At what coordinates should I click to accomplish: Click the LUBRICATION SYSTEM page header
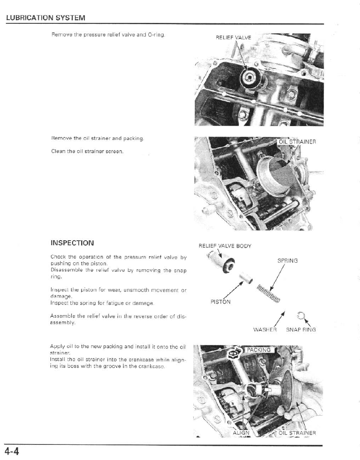click(x=45, y=18)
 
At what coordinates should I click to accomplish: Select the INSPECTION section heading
click(x=72, y=243)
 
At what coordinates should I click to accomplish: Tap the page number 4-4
click(x=12, y=452)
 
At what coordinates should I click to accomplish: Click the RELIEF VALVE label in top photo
click(x=233, y=38)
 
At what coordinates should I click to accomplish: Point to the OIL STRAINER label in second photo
click(x=297, y=142)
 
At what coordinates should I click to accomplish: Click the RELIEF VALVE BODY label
click(x=225, y=246)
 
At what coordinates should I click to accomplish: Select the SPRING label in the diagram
click(x=288, y=261)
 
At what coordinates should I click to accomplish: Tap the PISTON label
click(x=220, y=302)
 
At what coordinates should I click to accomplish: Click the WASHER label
click(x=265, y=329)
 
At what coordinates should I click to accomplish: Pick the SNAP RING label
click(x=301, y=329)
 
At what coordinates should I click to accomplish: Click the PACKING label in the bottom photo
click(x=258, y=350)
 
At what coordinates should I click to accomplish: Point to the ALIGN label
click(x=241, y=433)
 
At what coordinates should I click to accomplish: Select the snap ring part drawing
click(x=300, y=315)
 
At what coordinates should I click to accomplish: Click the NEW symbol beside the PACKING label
click(x=234, y=352)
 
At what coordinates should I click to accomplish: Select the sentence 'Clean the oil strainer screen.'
click(x=87, y=151)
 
